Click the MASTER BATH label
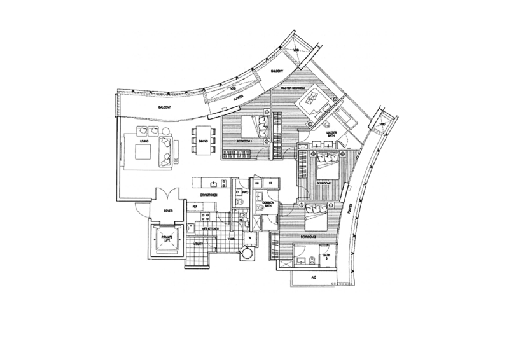pyautogui.click(x=331, y=134)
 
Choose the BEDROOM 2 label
pyautogui.click(x=324, y=182)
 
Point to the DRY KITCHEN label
pyautogui.click(x=209, y=193)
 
